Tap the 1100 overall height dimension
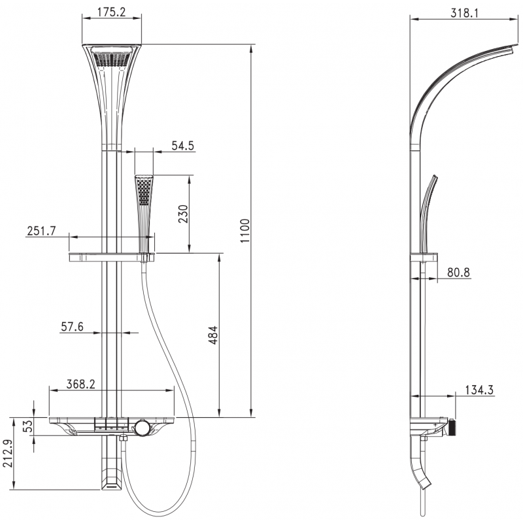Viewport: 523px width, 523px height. pyautogui.click(x=245, y=231)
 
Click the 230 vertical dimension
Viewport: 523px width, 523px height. pyautogui.click(x=184, y=214)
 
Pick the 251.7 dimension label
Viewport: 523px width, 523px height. pyautogui.click(x=42, y=231)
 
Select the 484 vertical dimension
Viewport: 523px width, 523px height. pyautogui.click(x=213, y=335)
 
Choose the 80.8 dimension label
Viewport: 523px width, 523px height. pyautogui.click(x=457, y=273)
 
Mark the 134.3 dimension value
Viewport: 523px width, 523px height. pyautogui.click(x=480, y=390)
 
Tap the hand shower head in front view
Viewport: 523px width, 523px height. pyautogui.click(x=144, y=190)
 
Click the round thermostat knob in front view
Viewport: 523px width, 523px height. pyautogui.click(x=142, y=429)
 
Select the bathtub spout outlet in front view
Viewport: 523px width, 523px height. pyautogui.click(x=110, y=480)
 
